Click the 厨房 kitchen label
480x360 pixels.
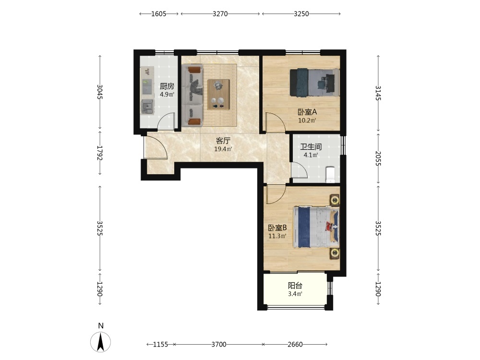click(167, 86)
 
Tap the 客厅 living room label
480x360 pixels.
click(223, 141)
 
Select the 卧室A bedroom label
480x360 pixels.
click(307, 112)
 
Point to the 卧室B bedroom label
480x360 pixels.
click(277, 228)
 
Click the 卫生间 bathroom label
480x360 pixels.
click(311, 147)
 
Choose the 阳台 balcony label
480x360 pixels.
click(295, 286)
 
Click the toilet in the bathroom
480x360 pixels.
click(331, 175)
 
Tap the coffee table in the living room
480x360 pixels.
click(218, 94)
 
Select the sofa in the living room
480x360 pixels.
click(192, 96)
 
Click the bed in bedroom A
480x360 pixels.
click(315, 83)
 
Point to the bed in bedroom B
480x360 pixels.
click(316, 227)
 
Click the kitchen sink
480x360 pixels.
click(147, 107)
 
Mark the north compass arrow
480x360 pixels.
click(100, 342)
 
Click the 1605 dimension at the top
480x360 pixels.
click(159, 14)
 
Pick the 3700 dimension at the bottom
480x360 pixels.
click(219, 344)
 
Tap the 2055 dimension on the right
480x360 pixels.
click(378, 158)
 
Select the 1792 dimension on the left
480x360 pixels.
click(99, 153)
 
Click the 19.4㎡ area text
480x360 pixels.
click(223, 149)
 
